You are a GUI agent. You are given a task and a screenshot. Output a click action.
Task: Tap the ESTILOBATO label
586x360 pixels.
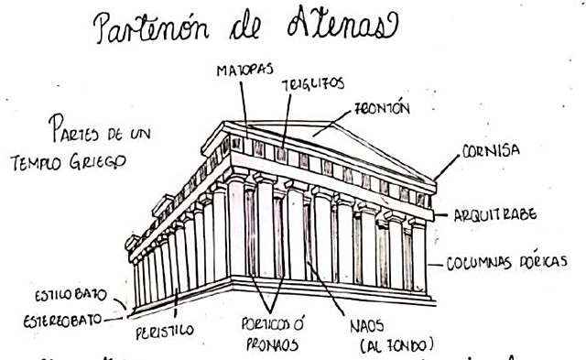click(70, 297)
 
